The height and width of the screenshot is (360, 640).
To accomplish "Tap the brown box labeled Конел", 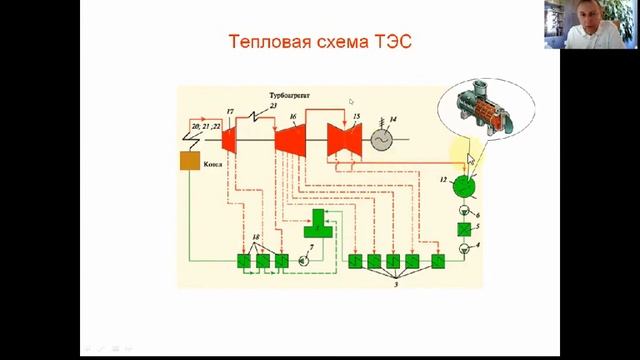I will [x=191, y=161].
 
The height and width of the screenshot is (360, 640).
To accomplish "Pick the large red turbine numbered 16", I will [x=291, y=140].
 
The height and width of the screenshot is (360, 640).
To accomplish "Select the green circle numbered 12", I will [x=460, y=185].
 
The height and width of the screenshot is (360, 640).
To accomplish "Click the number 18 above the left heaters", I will [x=257, y=240].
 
